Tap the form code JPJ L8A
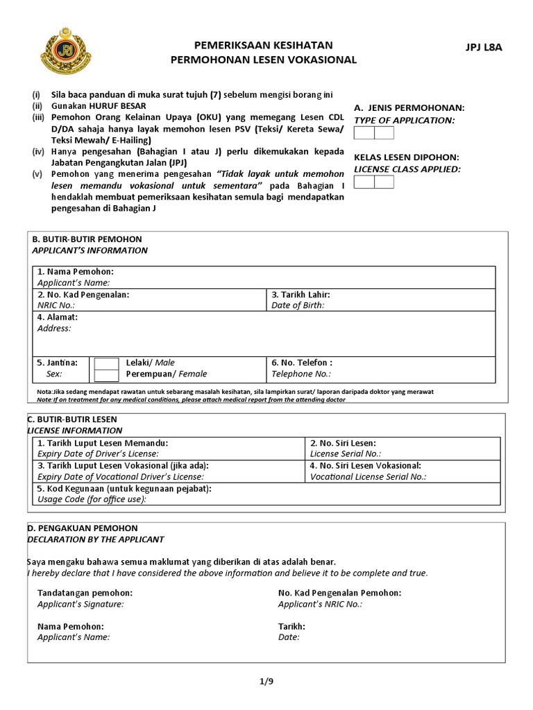click(x=483, y=47)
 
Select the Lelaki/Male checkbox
click(x=106, y=363)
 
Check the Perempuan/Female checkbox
click(x=106, y=375)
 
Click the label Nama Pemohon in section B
click(x=75, y=271)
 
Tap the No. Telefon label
click(x=302, y=363)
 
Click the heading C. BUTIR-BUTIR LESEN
click(x=72, y=419)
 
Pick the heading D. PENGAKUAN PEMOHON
click(x=83, y=528)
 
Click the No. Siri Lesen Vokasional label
click(x=366, y=466)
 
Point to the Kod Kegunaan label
click(x=124, y=489)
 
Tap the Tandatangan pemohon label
click(x=85, y=593)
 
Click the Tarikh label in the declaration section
click(x=291, y=626)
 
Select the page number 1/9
click(x=266, y=682)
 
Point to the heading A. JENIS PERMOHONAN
click(x=409, y=108)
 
